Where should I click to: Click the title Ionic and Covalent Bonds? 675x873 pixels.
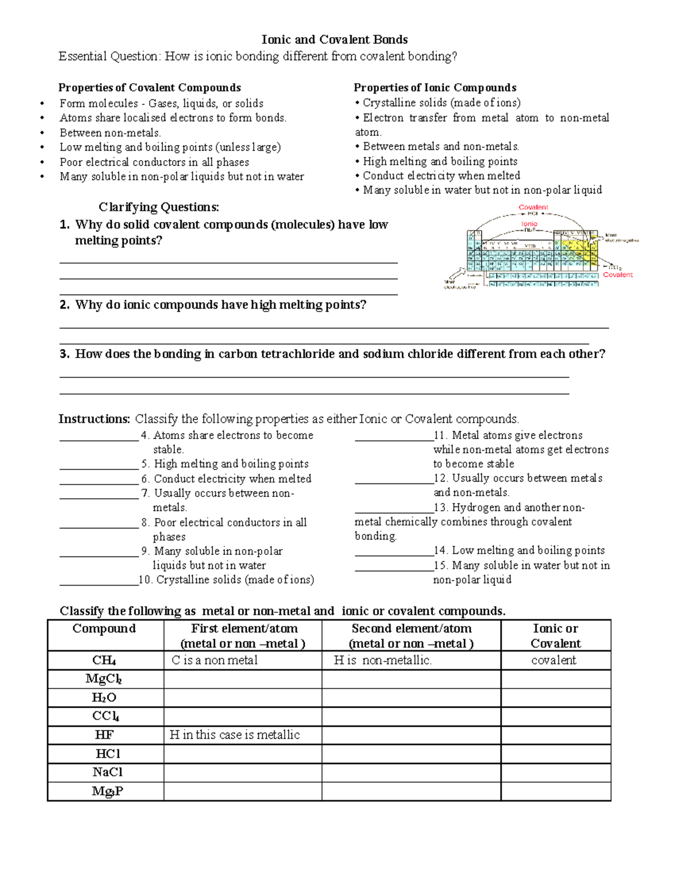335,39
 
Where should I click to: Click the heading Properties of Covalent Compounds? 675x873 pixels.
150,88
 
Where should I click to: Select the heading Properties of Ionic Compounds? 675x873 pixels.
435,88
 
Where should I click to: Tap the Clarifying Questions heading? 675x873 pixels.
159,207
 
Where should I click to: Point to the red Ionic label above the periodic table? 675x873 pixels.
529,224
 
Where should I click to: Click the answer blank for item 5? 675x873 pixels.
98,465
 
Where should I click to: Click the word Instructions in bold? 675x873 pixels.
94,419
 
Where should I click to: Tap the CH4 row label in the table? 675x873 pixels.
105,660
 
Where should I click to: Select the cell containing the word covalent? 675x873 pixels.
554,660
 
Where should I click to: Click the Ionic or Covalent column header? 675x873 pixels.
555,636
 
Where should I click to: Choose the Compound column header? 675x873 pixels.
105,629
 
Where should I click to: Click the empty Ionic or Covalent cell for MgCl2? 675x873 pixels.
555,679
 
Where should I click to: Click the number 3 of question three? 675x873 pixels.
64,354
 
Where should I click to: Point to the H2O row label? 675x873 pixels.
104,698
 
